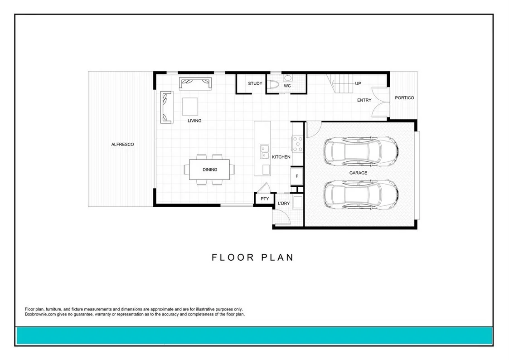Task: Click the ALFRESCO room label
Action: click(x=122, y=145)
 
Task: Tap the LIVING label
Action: click(x=194, y=121)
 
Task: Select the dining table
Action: click(x=209, y=170)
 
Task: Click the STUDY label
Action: click(x=255, y=83)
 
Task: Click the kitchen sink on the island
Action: click(x=264, y=151)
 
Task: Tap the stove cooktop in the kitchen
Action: click(x=297, y=143)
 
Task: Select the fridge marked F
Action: click(x=297, y=176)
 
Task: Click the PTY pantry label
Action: click(x=265, y=199)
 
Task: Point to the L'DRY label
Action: click(x=283, y=203)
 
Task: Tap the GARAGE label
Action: click(x=358, y=173)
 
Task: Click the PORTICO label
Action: click(x=404, y=98)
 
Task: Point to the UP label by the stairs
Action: click(x=358, y=83)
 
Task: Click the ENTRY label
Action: click(x=364, y=100)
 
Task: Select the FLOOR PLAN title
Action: click(x=252, y=258)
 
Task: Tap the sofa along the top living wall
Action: click(x=196, y=84)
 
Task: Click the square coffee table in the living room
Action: click(x=190, y=107)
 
